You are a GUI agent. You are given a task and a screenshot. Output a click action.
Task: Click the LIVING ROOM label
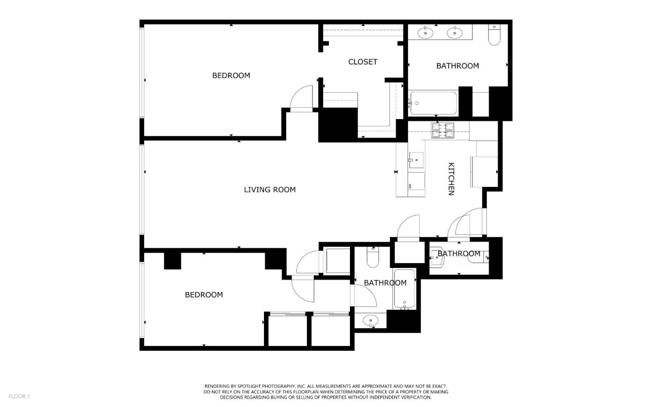269,190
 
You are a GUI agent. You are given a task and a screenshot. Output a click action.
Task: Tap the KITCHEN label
451,179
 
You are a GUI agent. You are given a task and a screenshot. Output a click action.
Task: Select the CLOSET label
363,62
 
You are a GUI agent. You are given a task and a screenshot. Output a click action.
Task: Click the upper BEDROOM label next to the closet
231,76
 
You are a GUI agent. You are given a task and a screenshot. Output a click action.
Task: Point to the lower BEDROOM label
204,295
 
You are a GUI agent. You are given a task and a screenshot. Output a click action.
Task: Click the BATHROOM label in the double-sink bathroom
457,66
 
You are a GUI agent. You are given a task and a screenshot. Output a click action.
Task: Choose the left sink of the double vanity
426,33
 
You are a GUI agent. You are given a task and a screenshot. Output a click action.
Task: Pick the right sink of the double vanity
454,33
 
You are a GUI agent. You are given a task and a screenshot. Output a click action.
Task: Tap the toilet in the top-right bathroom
494,35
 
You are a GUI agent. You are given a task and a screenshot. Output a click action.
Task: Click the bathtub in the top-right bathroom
433,103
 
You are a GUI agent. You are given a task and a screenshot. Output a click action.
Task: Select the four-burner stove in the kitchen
442,130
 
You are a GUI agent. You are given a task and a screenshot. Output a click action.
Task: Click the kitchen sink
416,160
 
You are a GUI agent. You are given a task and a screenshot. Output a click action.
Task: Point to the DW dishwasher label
410,186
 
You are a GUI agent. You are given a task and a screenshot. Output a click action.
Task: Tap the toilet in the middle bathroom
373,258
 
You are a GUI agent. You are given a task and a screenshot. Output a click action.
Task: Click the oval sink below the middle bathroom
370,320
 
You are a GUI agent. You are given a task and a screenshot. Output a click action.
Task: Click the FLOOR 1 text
19,396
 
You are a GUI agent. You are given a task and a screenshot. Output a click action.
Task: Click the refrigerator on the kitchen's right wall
484,172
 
